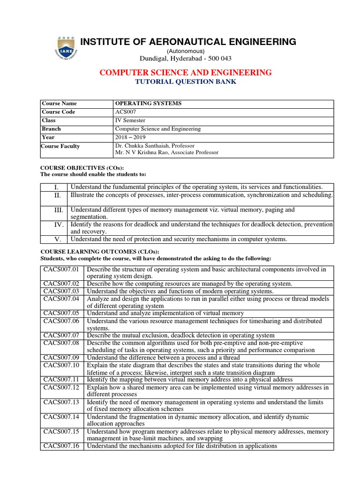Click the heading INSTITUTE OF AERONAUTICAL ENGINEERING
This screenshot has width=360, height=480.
tap(188, 42)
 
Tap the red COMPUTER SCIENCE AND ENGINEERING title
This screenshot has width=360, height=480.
tap(185, 72)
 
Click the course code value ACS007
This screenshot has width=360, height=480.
tap(125, 112)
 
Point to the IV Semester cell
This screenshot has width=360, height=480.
tap(128, 120)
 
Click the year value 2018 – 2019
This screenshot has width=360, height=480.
tap(130, 137)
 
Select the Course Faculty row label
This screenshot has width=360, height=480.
tap(60, 146)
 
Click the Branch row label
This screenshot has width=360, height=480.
tap(51, 129)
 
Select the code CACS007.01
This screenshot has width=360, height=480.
tap(61, 270)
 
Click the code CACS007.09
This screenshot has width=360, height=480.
tap(61, 357)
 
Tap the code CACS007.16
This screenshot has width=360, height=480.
tap(61, 446)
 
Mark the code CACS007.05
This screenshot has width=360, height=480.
tap(61, 313)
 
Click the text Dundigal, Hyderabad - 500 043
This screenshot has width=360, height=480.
tap(185, 58)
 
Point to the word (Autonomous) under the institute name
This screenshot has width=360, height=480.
tap(185, 51)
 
